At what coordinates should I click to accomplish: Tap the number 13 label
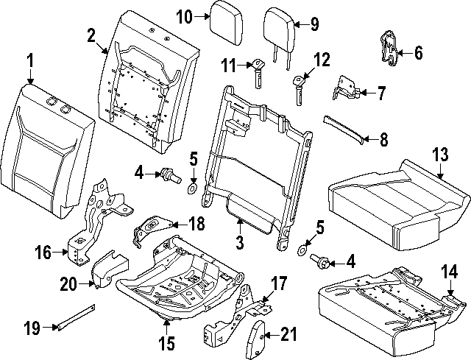point(439,154)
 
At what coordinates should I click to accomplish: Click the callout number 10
point(184,15)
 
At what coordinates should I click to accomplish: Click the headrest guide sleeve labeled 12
point(299,90)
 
